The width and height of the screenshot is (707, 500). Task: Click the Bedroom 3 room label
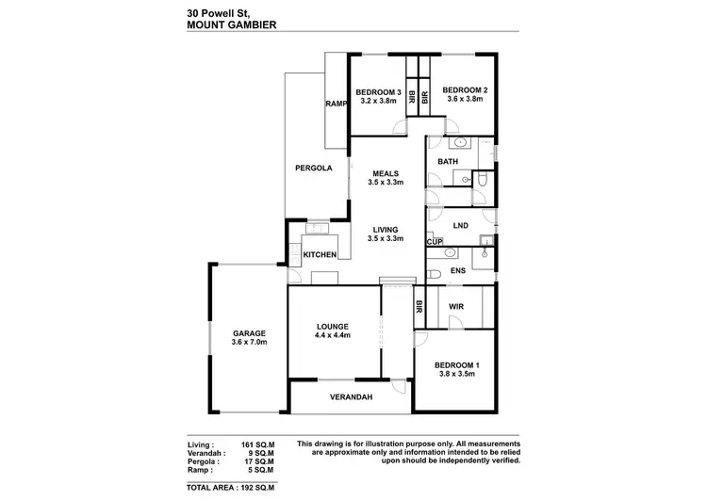pos(379,91)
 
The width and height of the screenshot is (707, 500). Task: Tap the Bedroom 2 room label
pos(465,90)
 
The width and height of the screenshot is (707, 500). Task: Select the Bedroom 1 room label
pos(457,364)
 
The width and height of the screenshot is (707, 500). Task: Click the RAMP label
pos(337,104)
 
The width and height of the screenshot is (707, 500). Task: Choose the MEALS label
pos(386,172)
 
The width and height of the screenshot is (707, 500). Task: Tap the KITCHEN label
pos(321,255)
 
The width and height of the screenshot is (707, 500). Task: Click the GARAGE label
pos(250,332)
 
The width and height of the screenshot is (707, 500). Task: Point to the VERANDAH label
pos(351,397)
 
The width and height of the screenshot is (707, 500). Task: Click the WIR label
pos(455,307)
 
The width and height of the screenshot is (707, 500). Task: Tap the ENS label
pos(458,271)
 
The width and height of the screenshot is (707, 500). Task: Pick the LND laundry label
pos(460,226)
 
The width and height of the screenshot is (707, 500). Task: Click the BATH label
pos(447,162)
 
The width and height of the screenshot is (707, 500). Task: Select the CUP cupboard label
pos(435,243)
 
